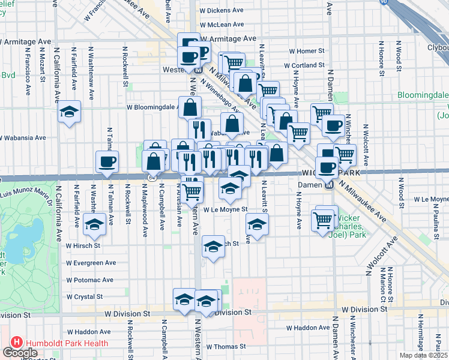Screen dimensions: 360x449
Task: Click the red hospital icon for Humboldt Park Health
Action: click(16, 343)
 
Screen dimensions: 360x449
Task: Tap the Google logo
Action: click(20, 353)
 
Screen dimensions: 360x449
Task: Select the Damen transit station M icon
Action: click(329, 184)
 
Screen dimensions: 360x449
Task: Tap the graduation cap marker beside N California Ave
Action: click(69, 112)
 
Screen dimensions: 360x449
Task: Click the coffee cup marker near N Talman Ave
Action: click(107, 161)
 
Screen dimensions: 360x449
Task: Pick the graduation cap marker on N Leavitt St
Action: click(256, 225)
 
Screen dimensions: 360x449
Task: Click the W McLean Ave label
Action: click(221, 24)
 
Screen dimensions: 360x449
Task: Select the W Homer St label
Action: click(307, 52)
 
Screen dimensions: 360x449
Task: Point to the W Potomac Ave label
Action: click(90, 280)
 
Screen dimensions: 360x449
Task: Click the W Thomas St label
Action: click(226, 346)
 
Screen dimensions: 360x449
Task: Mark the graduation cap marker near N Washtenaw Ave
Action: click(93, 224)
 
